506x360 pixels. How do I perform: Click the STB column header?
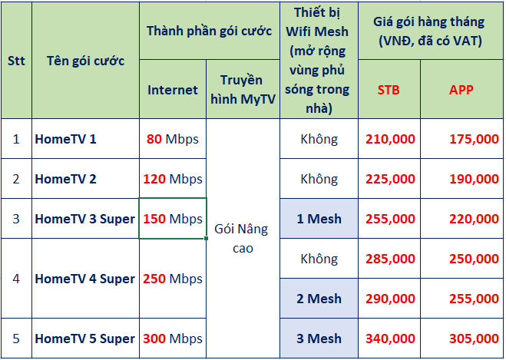tap(389, 90)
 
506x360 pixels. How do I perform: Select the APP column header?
tap(461, 90)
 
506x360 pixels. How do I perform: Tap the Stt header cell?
tap(16, 61)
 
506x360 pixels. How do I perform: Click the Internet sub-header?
tap(173, 90)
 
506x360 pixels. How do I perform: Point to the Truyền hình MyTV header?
tap(243, 89)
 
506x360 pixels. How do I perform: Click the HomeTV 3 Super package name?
tap(85, 219)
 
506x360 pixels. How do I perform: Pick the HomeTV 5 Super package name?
tap(85, 339)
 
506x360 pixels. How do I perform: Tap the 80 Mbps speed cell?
tap(173, 139)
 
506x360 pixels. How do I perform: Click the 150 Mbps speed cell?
tap(173, 219)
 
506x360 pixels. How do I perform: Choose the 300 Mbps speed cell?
tap(173, 339)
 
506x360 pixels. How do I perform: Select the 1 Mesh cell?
tap(319, 219)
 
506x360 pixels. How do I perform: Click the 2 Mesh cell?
tap(319, 299)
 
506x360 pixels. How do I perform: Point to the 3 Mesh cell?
tap(319, 339)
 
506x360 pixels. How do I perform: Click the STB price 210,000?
tap(391, 139)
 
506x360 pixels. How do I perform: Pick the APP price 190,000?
tap(474, 179)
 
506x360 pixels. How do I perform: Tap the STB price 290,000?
tap(391, 299)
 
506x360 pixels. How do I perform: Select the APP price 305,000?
tap(474, 339)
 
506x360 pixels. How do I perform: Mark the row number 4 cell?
tap(16, 279)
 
